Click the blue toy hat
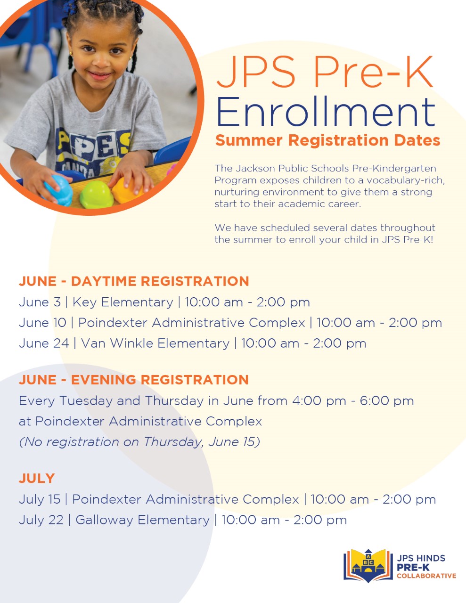coord(59,190)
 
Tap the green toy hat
coord(96,195)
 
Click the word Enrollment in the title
coord(325,112)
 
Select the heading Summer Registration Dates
coord(328,140)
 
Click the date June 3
coord(40,302)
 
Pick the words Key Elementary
coord(123,302)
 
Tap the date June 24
coord(43,343)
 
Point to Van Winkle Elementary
coord(155,343)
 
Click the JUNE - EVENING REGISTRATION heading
coord(134,380)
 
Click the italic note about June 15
coord(139,442)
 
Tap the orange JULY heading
coord(37,479)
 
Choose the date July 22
coord(41,520)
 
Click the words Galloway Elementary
coord(142,520)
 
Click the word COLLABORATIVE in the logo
coord(426,576)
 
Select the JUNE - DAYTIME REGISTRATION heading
coord(134,281)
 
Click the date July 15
coord(40,499)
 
